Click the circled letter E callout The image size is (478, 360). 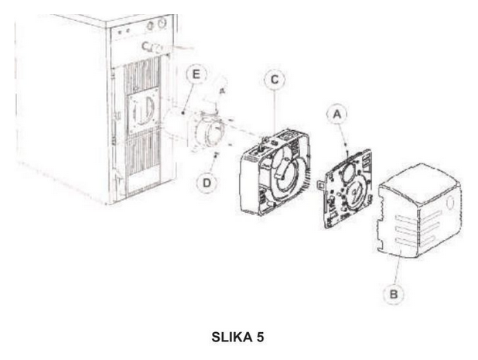pyautogui.click(x=196, y=74)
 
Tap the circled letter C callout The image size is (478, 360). pyautogui.click(x=275, y=79)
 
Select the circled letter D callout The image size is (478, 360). pyautogui.click(x=207, y=183)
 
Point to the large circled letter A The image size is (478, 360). pyautogui.click(x=337, y=114)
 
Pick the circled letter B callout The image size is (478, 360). pyautogui.click(x=394, y=294)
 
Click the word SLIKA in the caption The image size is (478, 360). pyautogui.click(x=232, y=337)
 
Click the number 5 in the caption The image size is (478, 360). pyautogui.click(x=260, y=337)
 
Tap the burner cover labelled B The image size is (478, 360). pyautogui.click(x=419, y=211)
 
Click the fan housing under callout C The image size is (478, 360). pyautogui.click(x=275, y=172)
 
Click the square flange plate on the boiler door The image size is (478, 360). pyautogui.click(x=144, y=111)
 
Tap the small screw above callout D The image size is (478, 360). pyautogui.click(x=217, y=154)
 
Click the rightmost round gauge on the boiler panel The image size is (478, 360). pyautogui.click(x=162, y=22)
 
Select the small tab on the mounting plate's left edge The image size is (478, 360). pyautogui.click(x=321, y=183)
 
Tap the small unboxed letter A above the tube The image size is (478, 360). pyautogui.click(x=222, y=91)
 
